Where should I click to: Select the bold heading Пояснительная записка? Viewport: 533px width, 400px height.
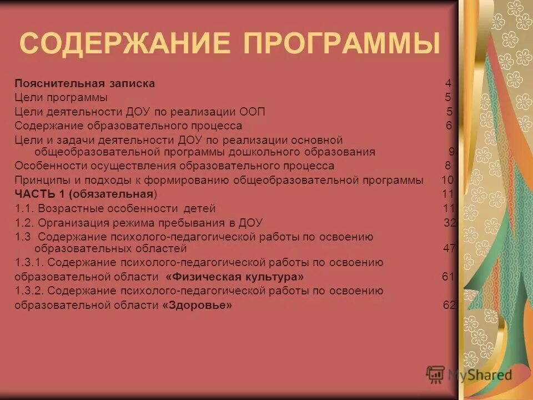coord(84,84)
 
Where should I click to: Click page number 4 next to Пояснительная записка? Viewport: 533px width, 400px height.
coord(448,84)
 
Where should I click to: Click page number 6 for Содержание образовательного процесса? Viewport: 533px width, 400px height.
coord(449,126)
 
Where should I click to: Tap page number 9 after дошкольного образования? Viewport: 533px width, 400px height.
coord(451,152)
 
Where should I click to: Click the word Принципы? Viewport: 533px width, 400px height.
coord(40,180)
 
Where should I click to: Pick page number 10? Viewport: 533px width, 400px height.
coord(447,180)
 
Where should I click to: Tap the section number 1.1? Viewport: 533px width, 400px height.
coord(25,209)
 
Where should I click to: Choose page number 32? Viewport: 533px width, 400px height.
coord(449,223)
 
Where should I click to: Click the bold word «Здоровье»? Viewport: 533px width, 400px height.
coord(197,305)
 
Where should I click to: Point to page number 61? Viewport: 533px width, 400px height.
coord(448,277)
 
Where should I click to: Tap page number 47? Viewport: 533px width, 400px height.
coord(449,248)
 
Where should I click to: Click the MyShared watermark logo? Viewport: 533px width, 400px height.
coord(469,374)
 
